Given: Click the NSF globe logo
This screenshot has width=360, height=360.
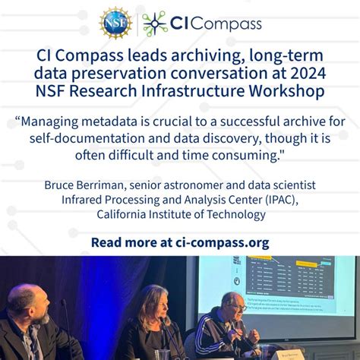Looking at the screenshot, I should pyautogui.click(x=115, y=23).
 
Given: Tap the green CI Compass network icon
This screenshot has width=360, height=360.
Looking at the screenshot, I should pyautogui.click(x=156, y=23).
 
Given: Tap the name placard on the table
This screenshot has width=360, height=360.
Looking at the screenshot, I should pyautogui.click(x=272, y=352).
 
